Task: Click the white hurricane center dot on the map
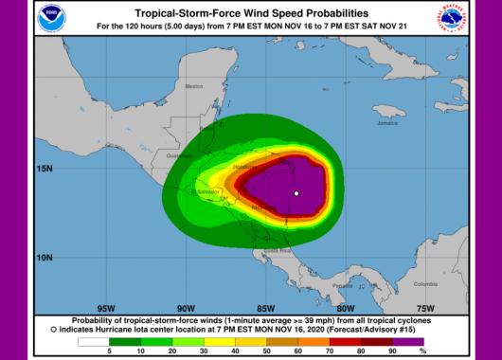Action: [296, 194]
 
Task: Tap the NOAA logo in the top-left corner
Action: [48, 17]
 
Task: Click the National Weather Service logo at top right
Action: [451, 17]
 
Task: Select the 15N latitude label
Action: [45, 169]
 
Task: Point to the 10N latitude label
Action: [45, 257]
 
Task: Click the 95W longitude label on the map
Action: [105, 308]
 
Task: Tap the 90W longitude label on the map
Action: [185, 308]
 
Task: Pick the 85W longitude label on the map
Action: [265, 308]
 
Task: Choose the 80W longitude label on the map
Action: [345, 308]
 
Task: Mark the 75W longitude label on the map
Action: [425, 308]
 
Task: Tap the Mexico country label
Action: [194, 86]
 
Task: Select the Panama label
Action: [342, 284]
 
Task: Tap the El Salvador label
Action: [206, 190]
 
